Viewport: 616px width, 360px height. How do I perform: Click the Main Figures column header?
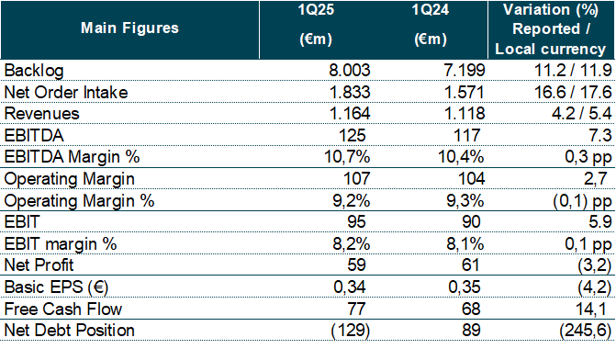coord(129,28)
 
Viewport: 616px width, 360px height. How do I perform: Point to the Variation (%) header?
coord(551,9)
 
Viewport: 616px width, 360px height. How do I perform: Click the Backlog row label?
coord(34,71)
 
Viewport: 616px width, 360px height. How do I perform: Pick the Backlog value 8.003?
coord(349,71)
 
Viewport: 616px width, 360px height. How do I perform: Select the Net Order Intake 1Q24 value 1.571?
coord(464,93)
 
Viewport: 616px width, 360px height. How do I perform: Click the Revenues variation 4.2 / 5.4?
coord(581,114)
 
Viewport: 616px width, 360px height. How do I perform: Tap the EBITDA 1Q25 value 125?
coord(352,136)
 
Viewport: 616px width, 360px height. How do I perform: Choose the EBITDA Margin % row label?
coord(72,157)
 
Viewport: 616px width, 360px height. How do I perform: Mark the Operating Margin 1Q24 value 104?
coord(472,179)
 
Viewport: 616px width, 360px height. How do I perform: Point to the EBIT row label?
coord(22,222)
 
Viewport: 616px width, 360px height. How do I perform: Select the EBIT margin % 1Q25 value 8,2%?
coord(352,244)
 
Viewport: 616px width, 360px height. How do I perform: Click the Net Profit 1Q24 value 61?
coord(470,265)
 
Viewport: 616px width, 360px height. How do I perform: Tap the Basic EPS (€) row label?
coord(56,287)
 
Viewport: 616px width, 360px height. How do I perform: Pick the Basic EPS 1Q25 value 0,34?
coord(350,287)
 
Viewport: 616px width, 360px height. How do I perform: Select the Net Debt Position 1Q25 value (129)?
coord(351,331)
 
